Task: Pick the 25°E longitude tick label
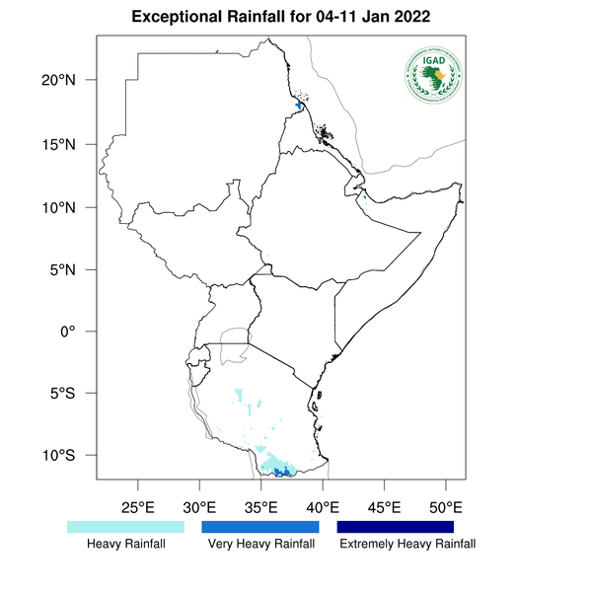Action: click(138, 508)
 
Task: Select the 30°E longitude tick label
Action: click(199, 508)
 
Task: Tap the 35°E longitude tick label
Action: click(261, 508)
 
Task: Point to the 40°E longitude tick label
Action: click(323, 508)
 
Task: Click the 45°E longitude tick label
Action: click(384, 508)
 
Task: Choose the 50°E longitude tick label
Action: click(445, 508)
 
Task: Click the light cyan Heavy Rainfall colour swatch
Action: click(125, 527)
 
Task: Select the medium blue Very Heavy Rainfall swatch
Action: click(260, 527)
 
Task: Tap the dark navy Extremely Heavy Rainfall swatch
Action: click(396, 527)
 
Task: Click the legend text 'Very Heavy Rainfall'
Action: click(260, 544)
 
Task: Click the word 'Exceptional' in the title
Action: click(183, 18)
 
